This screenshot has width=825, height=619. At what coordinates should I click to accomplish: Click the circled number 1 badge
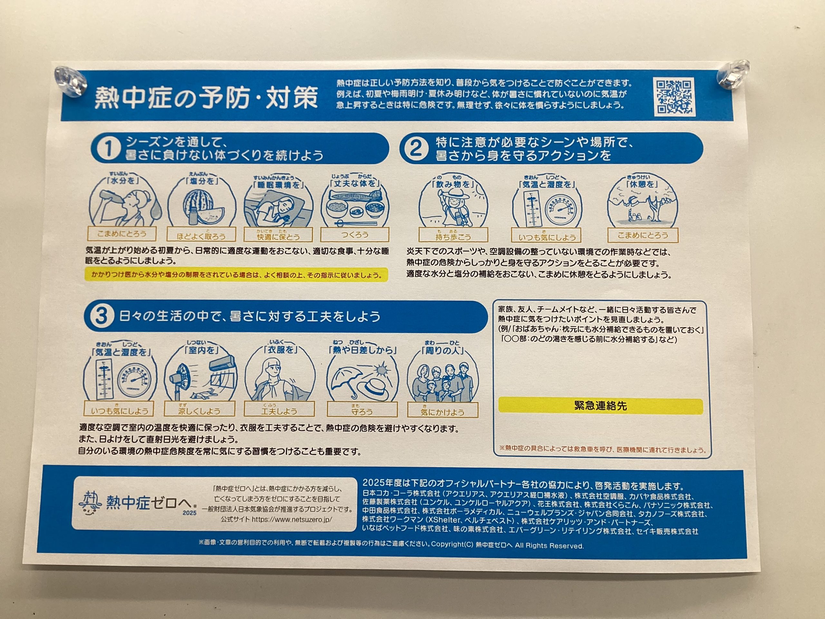(108, 149)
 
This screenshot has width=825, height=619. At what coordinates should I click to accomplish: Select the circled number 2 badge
(416, 149)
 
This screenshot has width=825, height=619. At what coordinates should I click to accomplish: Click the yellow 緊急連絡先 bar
(600, 406)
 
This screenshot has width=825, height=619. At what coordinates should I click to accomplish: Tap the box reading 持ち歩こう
(453, 236)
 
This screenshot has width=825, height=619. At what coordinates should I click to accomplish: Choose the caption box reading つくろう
(355, 235)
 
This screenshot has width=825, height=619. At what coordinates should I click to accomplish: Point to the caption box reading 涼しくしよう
(199, 410)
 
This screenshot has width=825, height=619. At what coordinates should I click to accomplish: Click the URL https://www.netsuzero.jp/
(292, 519)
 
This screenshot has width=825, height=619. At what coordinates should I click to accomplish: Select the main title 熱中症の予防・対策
(206, 98)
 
